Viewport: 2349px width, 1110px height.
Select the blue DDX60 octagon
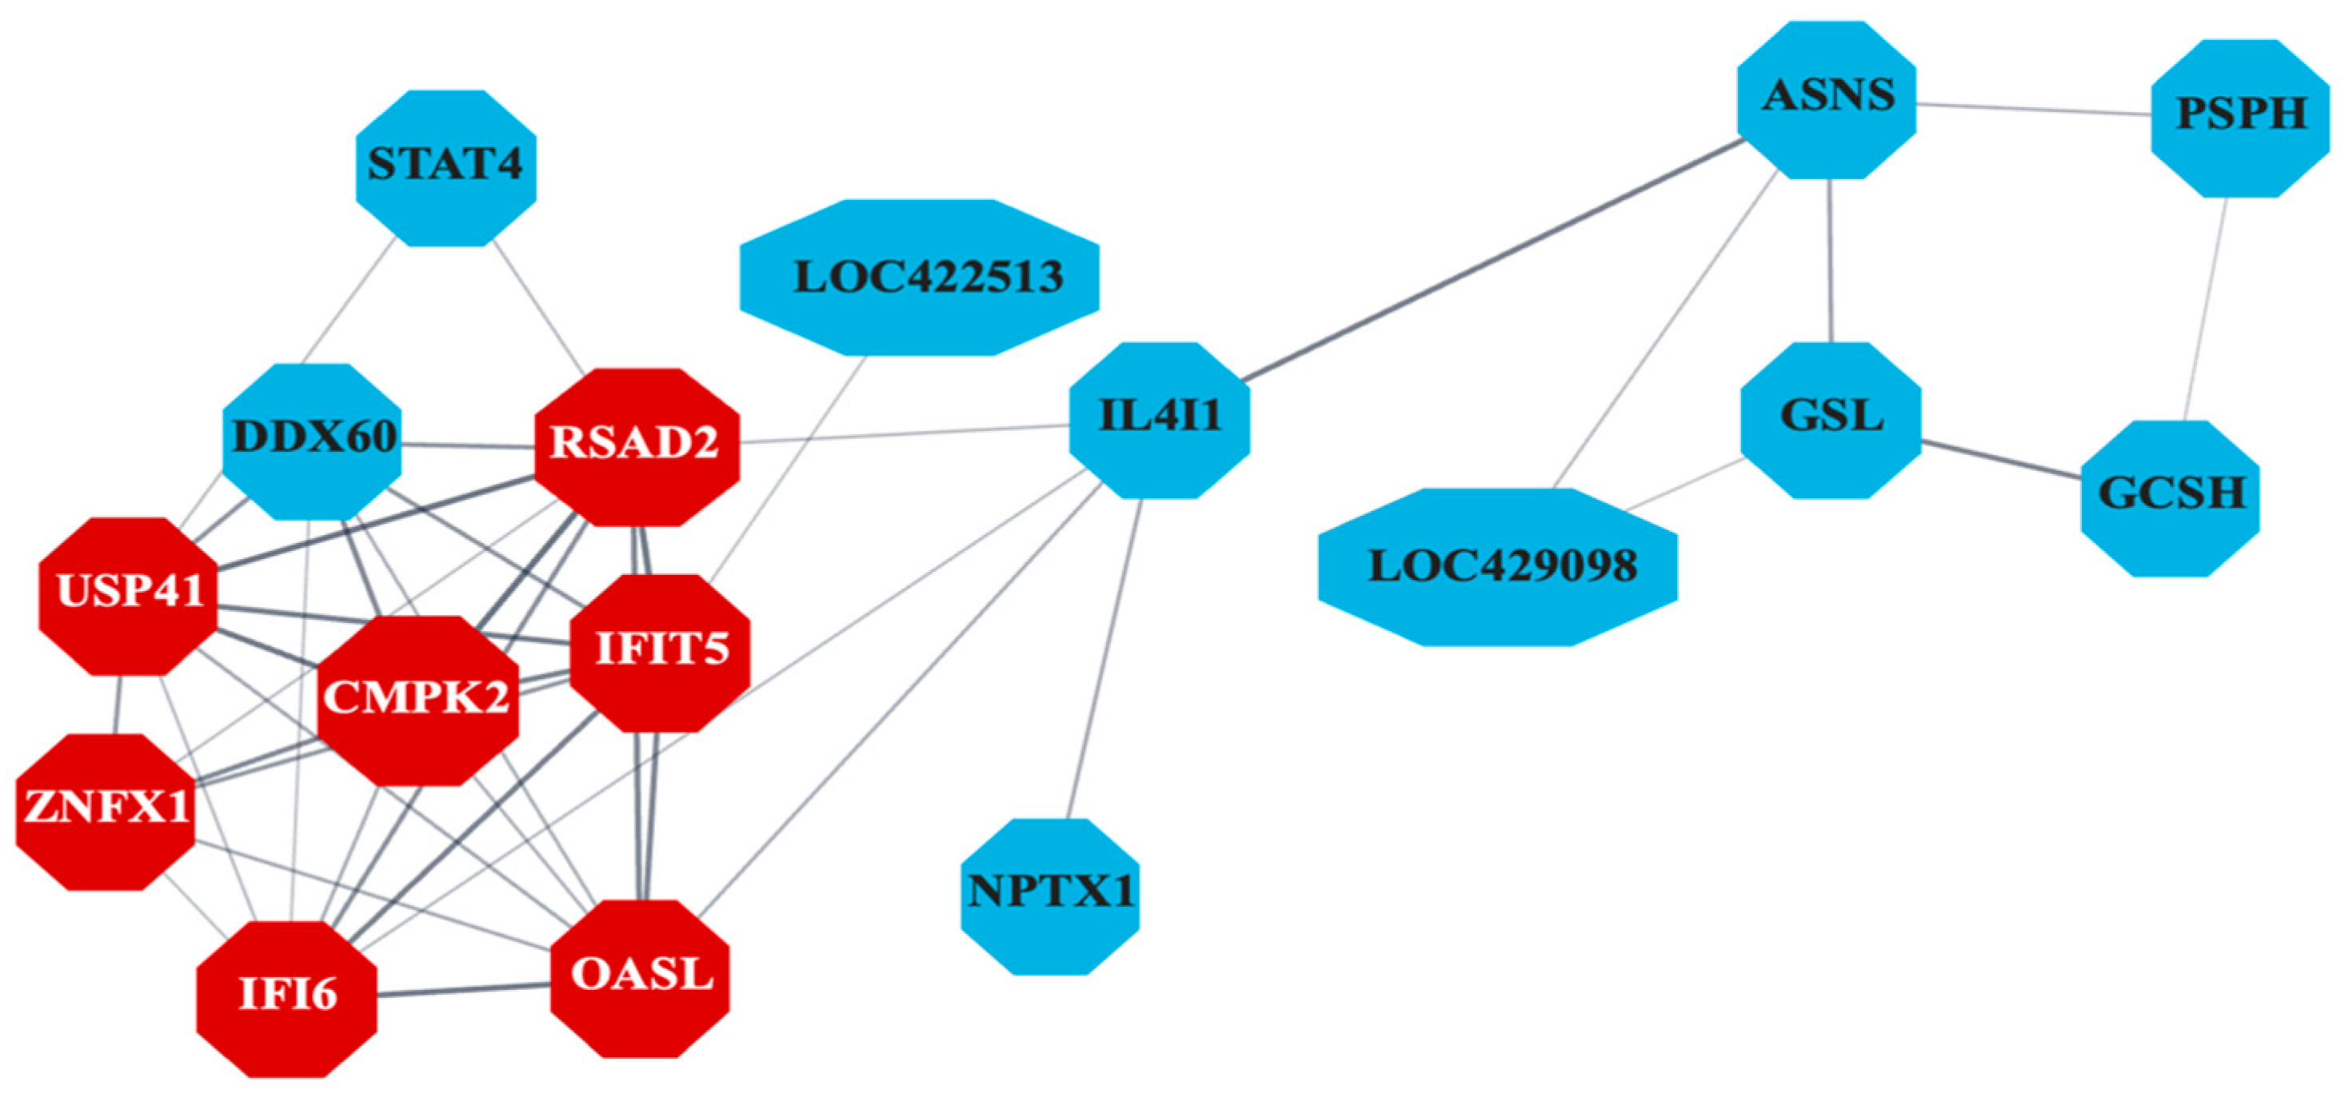point(313,441)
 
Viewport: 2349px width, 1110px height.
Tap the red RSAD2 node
point(637,447)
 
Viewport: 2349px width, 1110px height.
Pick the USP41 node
point(129,597)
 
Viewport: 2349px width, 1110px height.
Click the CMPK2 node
point(417,701)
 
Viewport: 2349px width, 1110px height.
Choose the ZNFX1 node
point(106,812)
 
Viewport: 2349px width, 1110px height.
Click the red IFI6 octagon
point(286,999)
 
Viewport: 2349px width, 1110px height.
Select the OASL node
point(640,979)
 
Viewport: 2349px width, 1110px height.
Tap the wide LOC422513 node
point(919,277)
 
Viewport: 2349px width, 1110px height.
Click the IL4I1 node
point(1159,420)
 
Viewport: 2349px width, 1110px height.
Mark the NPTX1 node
point(1049,896)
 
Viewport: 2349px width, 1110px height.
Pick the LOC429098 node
point(1497,567)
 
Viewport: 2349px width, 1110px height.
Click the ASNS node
point(1827,99)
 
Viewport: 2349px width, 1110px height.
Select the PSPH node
point(2239,118)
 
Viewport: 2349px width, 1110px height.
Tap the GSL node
point(1830,420)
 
